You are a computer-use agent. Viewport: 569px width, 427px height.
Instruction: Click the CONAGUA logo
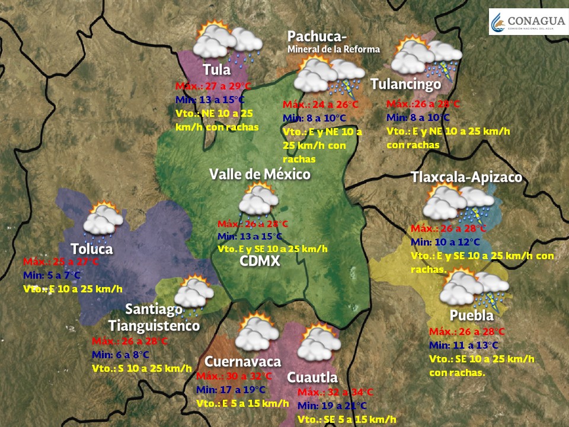coord(526,21)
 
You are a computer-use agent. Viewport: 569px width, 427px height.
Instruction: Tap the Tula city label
coord(216,69)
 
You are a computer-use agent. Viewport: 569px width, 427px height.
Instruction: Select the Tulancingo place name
coord(405,84)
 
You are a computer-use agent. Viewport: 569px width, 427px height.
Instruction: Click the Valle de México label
coord(260,174)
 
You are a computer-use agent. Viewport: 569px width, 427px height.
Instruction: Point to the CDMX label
coord(260,262)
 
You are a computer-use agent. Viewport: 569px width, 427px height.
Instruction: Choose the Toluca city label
coord(91,248)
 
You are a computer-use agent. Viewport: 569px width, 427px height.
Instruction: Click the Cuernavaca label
coord(242,362)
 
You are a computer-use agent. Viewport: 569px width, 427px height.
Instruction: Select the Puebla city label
coord(471,315)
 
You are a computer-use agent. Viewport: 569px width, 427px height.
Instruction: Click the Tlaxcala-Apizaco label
coord(466,177)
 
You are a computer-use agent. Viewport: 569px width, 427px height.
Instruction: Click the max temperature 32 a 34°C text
coord(335,393)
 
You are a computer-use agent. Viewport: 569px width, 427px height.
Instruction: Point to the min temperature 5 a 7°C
coord(52,275)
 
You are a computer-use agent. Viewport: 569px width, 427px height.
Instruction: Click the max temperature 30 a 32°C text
coord(234,377)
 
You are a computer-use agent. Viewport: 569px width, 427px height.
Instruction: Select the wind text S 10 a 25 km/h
coord(142,368)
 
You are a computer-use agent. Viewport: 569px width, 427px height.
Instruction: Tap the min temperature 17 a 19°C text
coord(231,390)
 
